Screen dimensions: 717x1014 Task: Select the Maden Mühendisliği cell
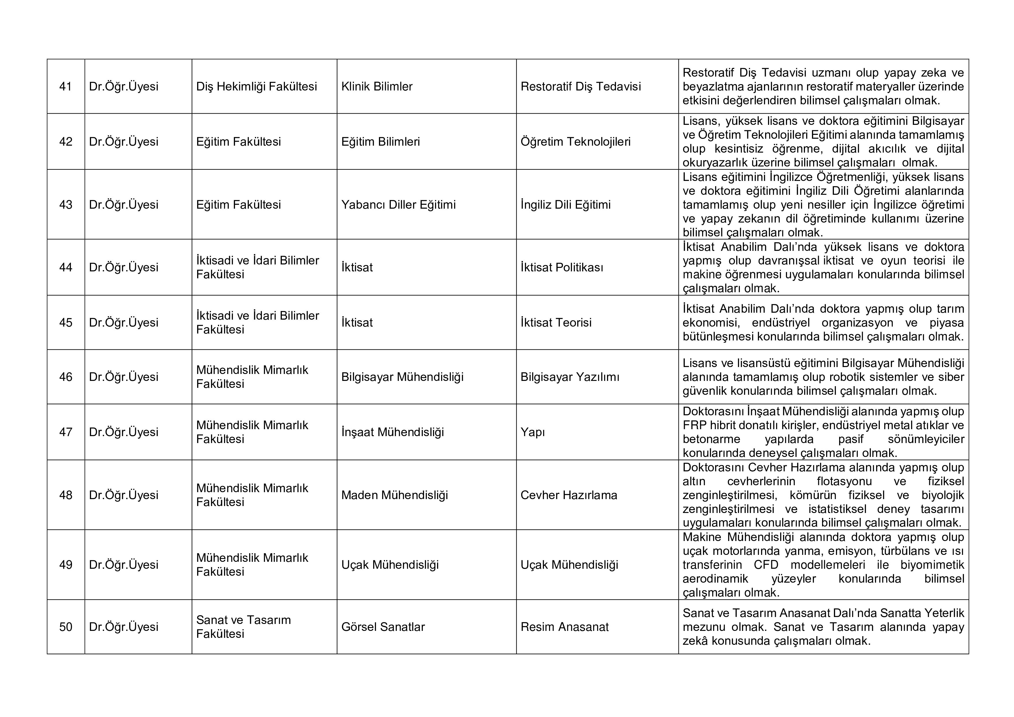click(x=394, y=495)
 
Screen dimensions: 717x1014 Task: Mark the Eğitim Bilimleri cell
click(x=380, y=142)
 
